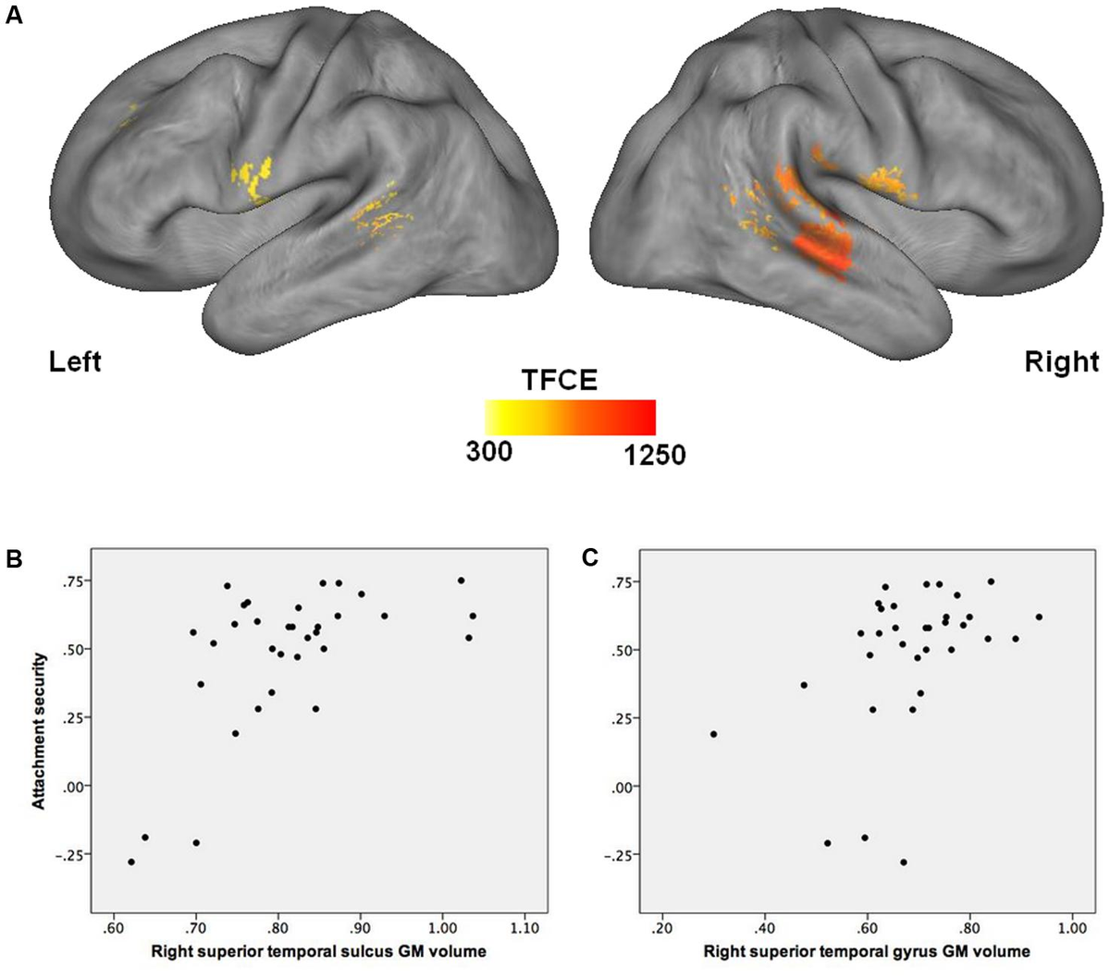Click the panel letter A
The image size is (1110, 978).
14,16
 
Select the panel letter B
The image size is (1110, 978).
14,558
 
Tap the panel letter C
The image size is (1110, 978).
590,558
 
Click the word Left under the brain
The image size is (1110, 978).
75,362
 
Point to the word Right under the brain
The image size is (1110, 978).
1061,362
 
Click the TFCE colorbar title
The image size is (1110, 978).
560,380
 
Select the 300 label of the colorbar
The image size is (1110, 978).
488,452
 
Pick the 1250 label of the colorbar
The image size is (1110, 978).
655,455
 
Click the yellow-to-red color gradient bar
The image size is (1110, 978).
571,417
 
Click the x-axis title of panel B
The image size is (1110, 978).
319,951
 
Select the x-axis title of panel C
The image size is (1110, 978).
867,951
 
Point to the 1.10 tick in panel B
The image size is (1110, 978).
524,928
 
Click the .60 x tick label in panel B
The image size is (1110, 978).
114,928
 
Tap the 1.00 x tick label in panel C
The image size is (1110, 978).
1072,928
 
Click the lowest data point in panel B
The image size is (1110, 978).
131,862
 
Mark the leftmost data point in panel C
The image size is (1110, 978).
713,734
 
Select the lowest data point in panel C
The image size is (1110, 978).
904,862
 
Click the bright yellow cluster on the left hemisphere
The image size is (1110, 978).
252,178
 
